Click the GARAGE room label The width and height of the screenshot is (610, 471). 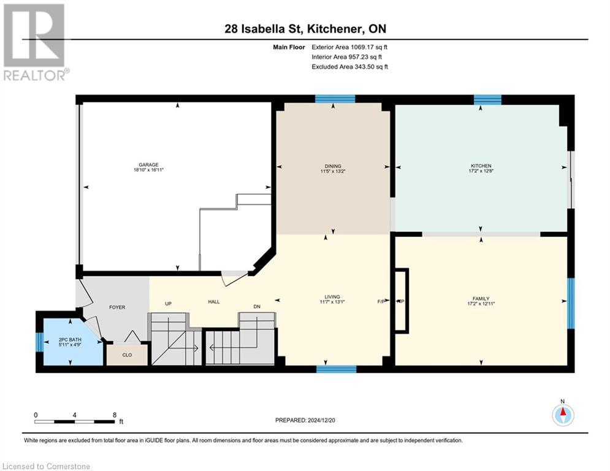click(x=148, y=164)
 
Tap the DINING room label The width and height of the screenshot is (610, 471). click(x=333, y=165)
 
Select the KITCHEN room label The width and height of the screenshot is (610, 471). click(x=481, y=166)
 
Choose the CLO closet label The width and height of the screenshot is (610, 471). click(x=127, y=354)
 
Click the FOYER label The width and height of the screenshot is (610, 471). click(x=117, y=307)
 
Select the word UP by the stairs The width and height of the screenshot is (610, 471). click(x=168, y=303)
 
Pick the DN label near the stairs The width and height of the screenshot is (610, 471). click(x=257, y=307)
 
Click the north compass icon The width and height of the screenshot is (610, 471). click(x=562, y=415)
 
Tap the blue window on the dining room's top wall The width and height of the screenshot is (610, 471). click(x=335, y=99)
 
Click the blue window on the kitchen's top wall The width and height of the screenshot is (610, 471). click(x=487, y=99)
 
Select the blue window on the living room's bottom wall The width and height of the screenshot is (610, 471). click(x=336, y=369)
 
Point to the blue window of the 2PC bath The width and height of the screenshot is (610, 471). click(x=39, y=342)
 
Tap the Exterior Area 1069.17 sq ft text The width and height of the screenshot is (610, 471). click(x=349, y=47)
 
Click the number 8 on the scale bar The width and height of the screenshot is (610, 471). click(x=115, y=415)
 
